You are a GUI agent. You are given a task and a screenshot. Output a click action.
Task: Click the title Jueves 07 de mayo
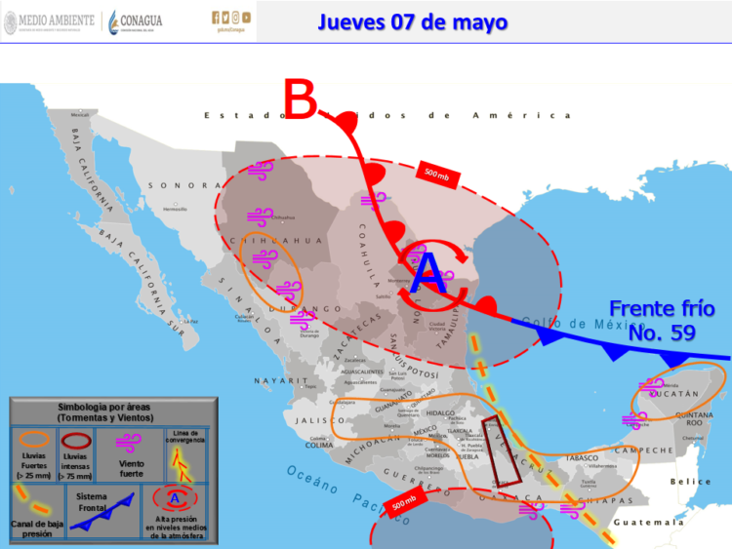[412, 21]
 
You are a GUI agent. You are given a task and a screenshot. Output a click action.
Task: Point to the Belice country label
[691, 482]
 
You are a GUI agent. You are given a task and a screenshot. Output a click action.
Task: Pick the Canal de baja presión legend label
[37, 529]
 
